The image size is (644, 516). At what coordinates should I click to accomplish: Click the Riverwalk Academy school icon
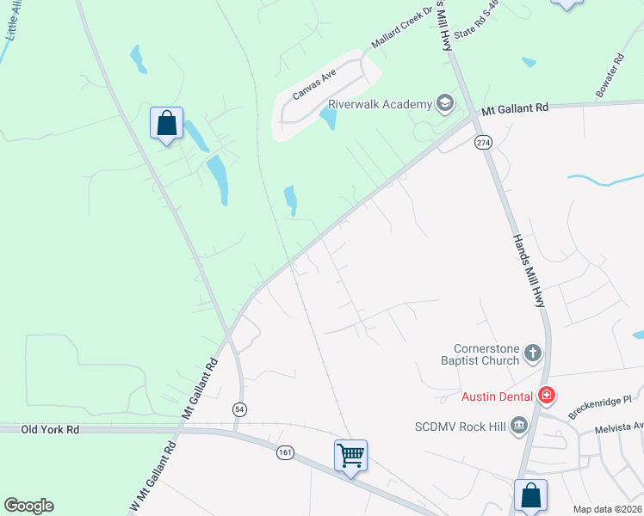click(x=445, y=105)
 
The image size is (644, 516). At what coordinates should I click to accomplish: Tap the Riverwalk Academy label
click(x=379, y=105)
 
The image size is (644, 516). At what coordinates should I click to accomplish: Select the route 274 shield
click(x=482, y=142)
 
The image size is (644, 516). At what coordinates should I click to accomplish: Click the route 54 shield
click(x=238, y=410)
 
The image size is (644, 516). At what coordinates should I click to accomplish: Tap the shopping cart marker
click(x=350, y=455)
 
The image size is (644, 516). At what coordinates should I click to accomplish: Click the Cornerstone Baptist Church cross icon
click(x=533, y=353)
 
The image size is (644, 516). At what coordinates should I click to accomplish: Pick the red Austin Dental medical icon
click(x=546, y=396)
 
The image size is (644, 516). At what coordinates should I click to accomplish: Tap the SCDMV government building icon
click(x=519, y=425)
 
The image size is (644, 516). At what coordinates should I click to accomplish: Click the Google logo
click(x=28, y=506)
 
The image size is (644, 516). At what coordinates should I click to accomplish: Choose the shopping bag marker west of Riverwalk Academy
click(x=166, y=123)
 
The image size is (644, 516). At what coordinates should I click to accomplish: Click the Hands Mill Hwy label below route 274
click(x=529, y=271)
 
